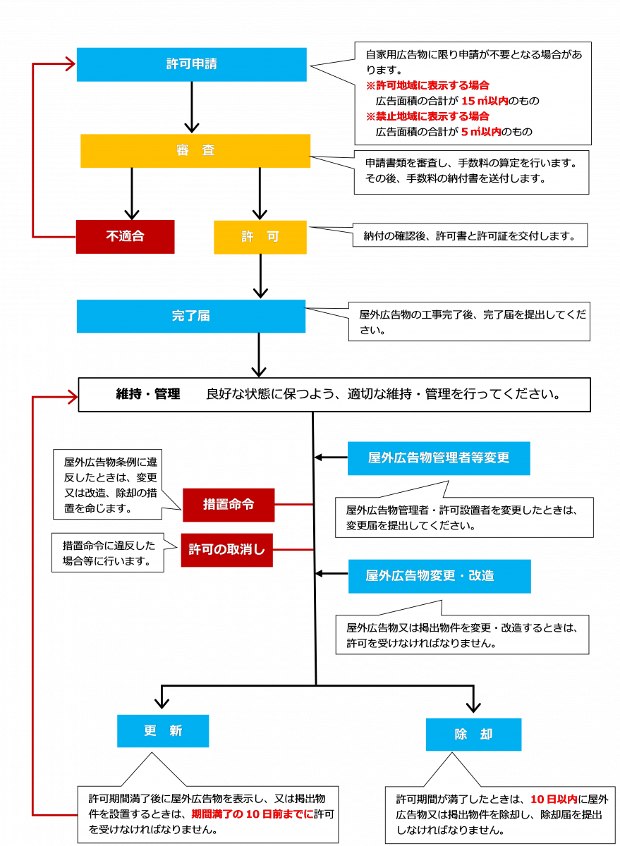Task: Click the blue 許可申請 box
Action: tap(192, 64)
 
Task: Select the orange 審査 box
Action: tap(195, 151)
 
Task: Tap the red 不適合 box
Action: tap(125, 237)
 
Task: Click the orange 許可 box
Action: tap(260, 237)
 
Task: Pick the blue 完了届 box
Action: tap(191, 316)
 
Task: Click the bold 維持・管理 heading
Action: tap(147, 394)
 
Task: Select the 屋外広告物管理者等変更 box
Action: tap(439, 458)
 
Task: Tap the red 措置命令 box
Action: tap(229, 505)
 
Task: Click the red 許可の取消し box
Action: tap(226, 550)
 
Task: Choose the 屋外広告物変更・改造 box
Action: tap(439, 577)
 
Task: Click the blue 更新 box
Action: tap(163, 731)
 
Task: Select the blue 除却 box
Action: tap(473, 735)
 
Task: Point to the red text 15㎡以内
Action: tap(485, 101)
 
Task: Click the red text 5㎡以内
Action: tap(481, 131)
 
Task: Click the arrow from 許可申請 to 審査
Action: tap(192, 107)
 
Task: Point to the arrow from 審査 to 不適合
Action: tap(131, 194)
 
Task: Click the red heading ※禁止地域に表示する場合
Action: tap(427, 116)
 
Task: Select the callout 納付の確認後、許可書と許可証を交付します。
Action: tap(470, 235)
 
